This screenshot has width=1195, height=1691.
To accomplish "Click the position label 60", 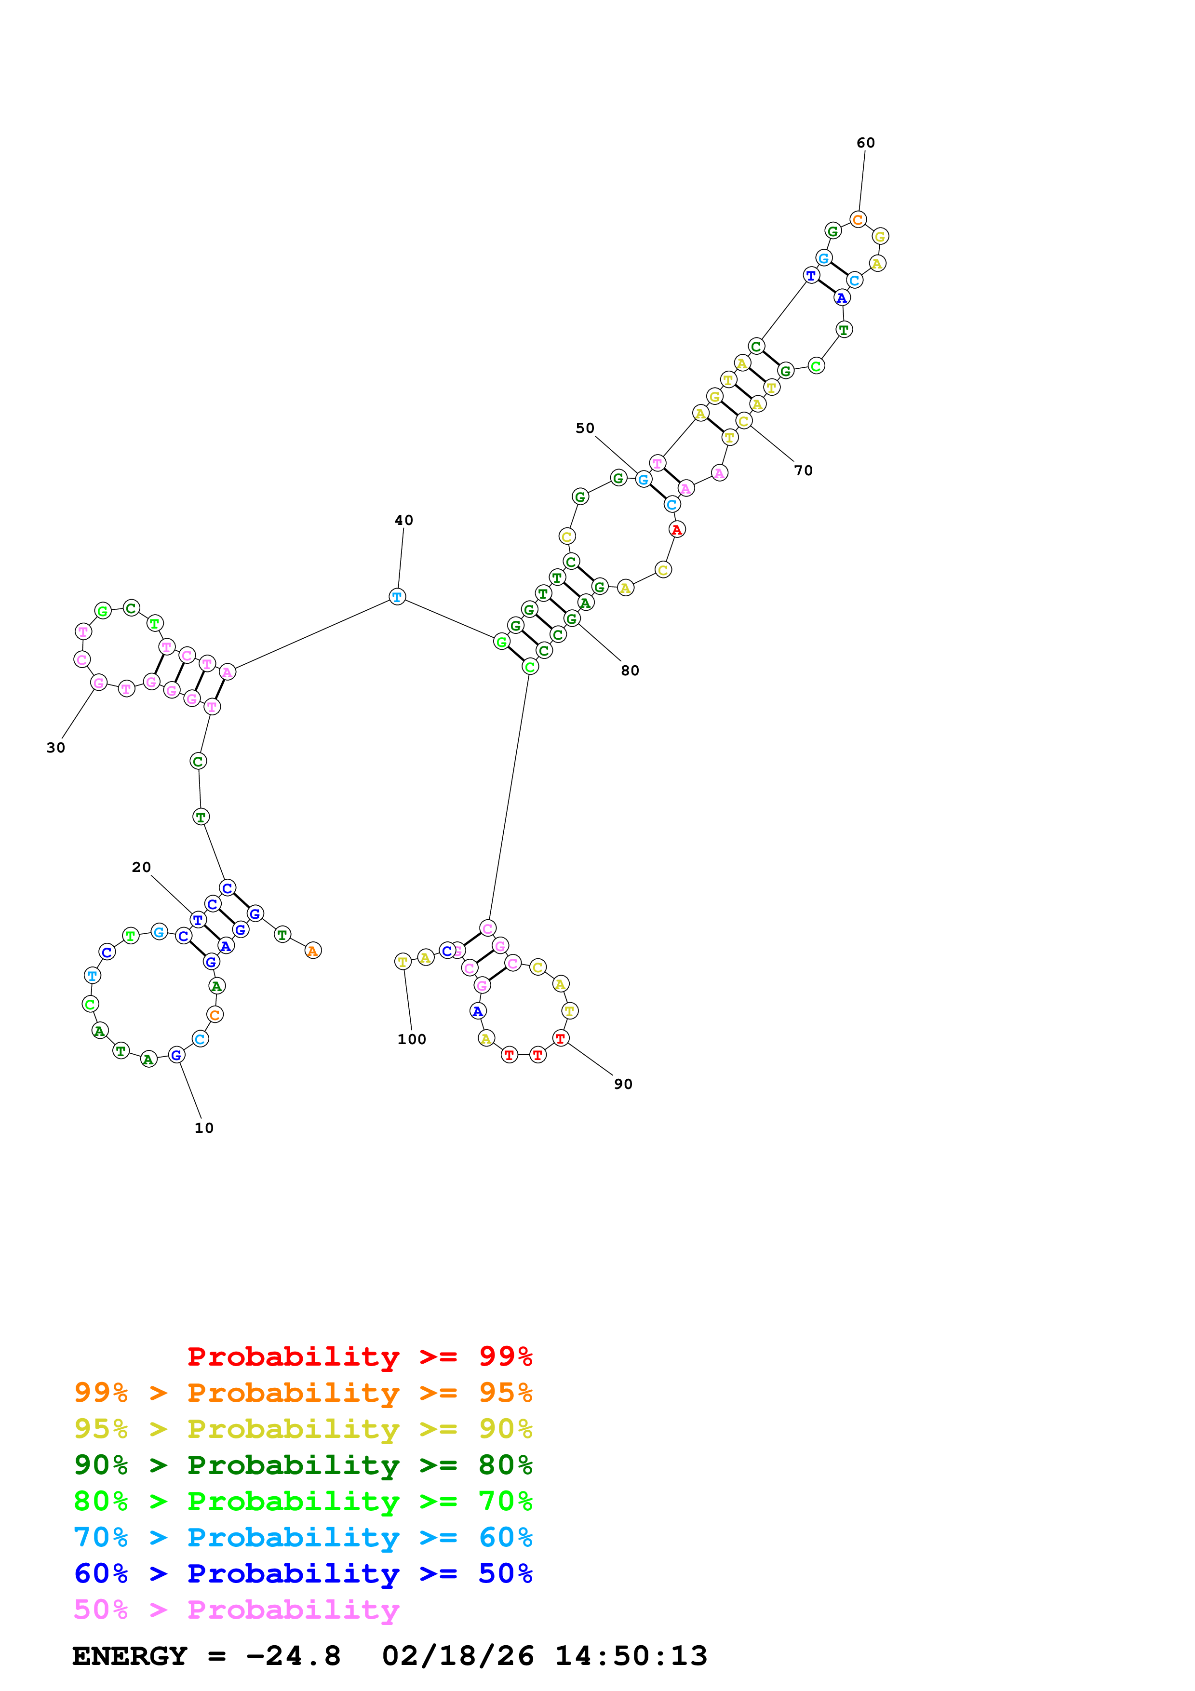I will (865, 143).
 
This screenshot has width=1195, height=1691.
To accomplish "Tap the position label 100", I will (412, 1039).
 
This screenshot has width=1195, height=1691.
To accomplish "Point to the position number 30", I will (56, 748).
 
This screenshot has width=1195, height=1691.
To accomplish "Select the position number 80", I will (630, 670).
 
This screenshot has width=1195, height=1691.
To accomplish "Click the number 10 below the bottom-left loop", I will (204, 1127).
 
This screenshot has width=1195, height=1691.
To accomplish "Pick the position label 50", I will (585, 428).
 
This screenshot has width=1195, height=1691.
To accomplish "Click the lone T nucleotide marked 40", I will (397, 597).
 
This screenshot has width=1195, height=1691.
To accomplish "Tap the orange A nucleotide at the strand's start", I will (313, 951).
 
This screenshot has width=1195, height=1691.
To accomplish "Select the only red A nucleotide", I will (677, 530).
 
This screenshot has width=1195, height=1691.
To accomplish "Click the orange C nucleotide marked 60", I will (858, 219).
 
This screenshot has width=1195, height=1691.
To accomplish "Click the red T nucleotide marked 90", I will (560, 1038).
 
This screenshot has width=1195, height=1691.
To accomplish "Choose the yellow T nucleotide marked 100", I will (403, 961).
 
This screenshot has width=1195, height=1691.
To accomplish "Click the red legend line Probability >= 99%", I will (360, 1356).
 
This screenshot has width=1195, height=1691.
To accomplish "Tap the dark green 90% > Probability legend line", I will (303, 1465).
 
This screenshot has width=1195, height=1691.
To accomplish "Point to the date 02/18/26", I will (458, 1656).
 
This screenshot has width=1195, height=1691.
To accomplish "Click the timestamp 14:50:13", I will (631, 1656).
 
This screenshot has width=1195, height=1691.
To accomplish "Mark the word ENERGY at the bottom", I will (130, 1656).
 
